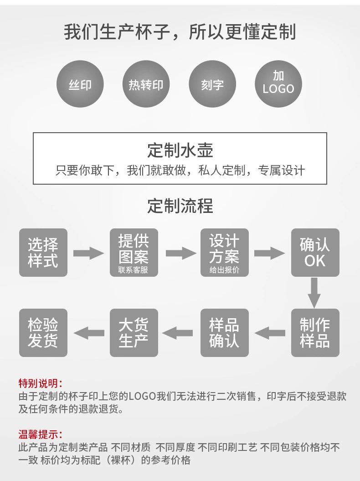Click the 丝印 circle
point(80,85)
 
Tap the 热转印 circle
point(146,85)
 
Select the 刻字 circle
point(212,85)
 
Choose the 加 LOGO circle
point(278,85)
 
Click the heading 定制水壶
point(180,150)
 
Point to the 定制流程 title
point(180,206)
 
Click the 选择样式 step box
point(43,253)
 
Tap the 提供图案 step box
point(134,253)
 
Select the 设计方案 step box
point(224,253)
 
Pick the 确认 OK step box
point(315,253)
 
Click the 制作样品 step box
point(315,333)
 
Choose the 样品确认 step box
point(224,333)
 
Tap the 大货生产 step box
point(134,333)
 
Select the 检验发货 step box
point(43,333)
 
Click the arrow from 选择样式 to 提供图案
point(88,253)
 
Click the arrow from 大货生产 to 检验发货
point(88,333)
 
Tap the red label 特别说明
point(40,383)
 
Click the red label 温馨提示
point(40,434)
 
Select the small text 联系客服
point(133,270)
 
